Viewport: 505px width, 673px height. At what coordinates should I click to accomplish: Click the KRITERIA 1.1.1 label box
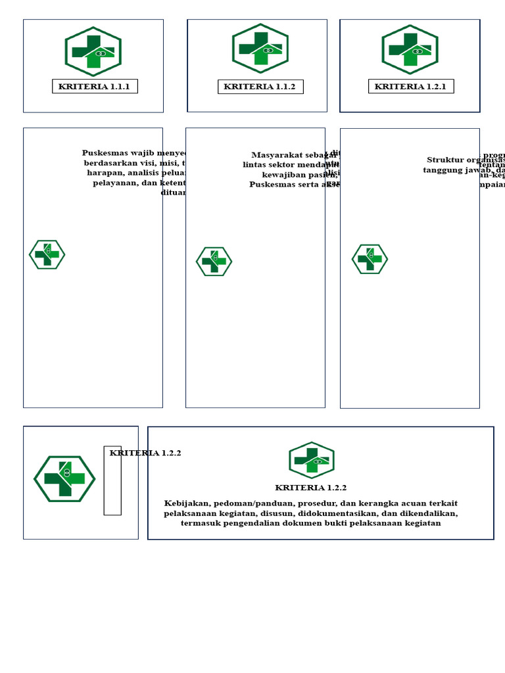pyautogui.click(x=95, y=86)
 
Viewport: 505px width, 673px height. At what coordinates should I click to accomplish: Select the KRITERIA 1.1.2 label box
pyautogui.click(x=260, y=87)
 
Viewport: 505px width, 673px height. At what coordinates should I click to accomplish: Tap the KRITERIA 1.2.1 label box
pyautogui.click(x=411, y=86)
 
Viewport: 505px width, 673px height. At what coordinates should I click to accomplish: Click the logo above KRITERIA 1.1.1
pyautogui.click(x=93, y=51)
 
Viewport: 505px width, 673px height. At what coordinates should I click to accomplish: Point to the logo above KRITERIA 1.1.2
pyautogui.click(x=260, y=49)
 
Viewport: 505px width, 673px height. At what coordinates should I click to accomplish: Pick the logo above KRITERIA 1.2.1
pyautogui.click(x=410, y=50)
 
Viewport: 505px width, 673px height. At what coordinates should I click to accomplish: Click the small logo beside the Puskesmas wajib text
pyautogui.click(x=47, y=254)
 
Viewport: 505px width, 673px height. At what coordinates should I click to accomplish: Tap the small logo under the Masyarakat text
pyautogui.click(x=214, y=262)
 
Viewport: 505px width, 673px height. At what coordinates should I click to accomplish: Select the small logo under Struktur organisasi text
pyautogui.click(x=370, y=259)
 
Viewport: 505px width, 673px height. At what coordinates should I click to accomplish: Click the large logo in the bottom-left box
pyautogui.click(x=64, y=479)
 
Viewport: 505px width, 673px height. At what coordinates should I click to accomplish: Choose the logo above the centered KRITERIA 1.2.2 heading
pyautogui.click(x=312, y=460)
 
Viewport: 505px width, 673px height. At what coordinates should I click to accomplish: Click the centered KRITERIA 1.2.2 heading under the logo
pyautogui.click(x=311, y=488)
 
